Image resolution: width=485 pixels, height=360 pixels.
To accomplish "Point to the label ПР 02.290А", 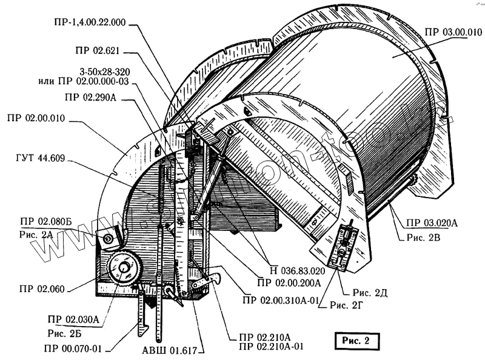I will coord(93,96).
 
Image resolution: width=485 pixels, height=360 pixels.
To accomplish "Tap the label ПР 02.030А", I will coord(73,320).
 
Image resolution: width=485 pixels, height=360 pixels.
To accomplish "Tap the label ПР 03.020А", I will coord(429,222).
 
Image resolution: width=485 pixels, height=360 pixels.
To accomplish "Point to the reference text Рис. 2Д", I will coord(372,293).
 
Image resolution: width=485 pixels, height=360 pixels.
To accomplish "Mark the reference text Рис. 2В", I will coord(418,236).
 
